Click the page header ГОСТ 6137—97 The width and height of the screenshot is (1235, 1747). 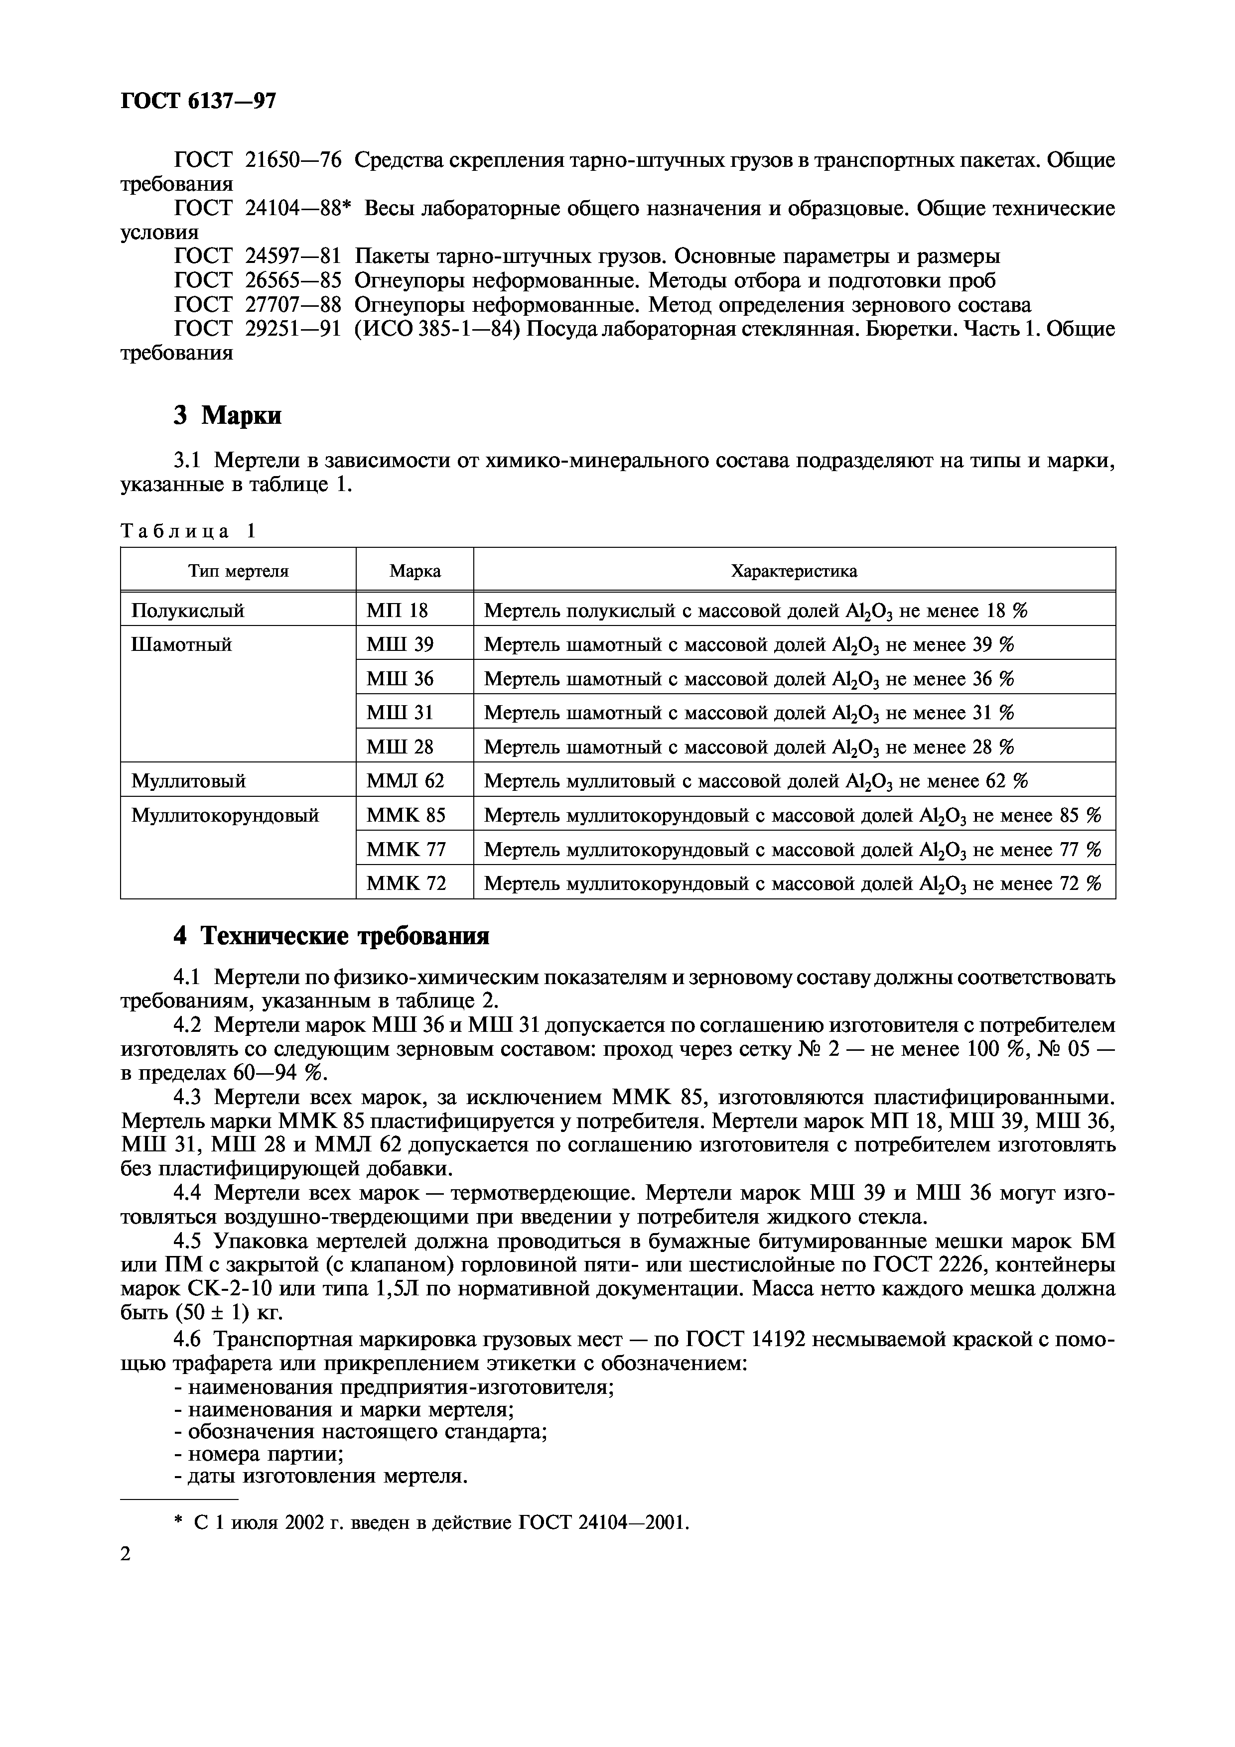(x=198, y=101)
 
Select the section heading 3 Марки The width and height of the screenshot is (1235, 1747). (x=228, y=415)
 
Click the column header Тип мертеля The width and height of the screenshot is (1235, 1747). (x=238, y=571)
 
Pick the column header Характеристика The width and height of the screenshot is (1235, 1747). (x=794, y=571)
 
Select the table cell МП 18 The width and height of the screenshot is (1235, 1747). (x=397, y=610)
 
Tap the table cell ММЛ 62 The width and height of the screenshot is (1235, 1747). (x=405, y=781)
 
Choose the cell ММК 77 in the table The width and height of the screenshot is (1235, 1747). (x=406, y=849)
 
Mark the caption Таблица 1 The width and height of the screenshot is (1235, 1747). (x=189, y=531)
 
